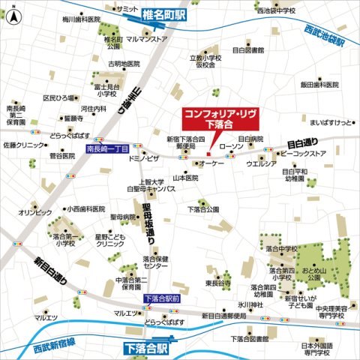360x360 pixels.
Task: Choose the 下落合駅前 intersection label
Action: (163, 298)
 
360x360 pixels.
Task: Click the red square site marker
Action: (208, 154)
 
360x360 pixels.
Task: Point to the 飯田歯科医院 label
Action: (324, 85)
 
